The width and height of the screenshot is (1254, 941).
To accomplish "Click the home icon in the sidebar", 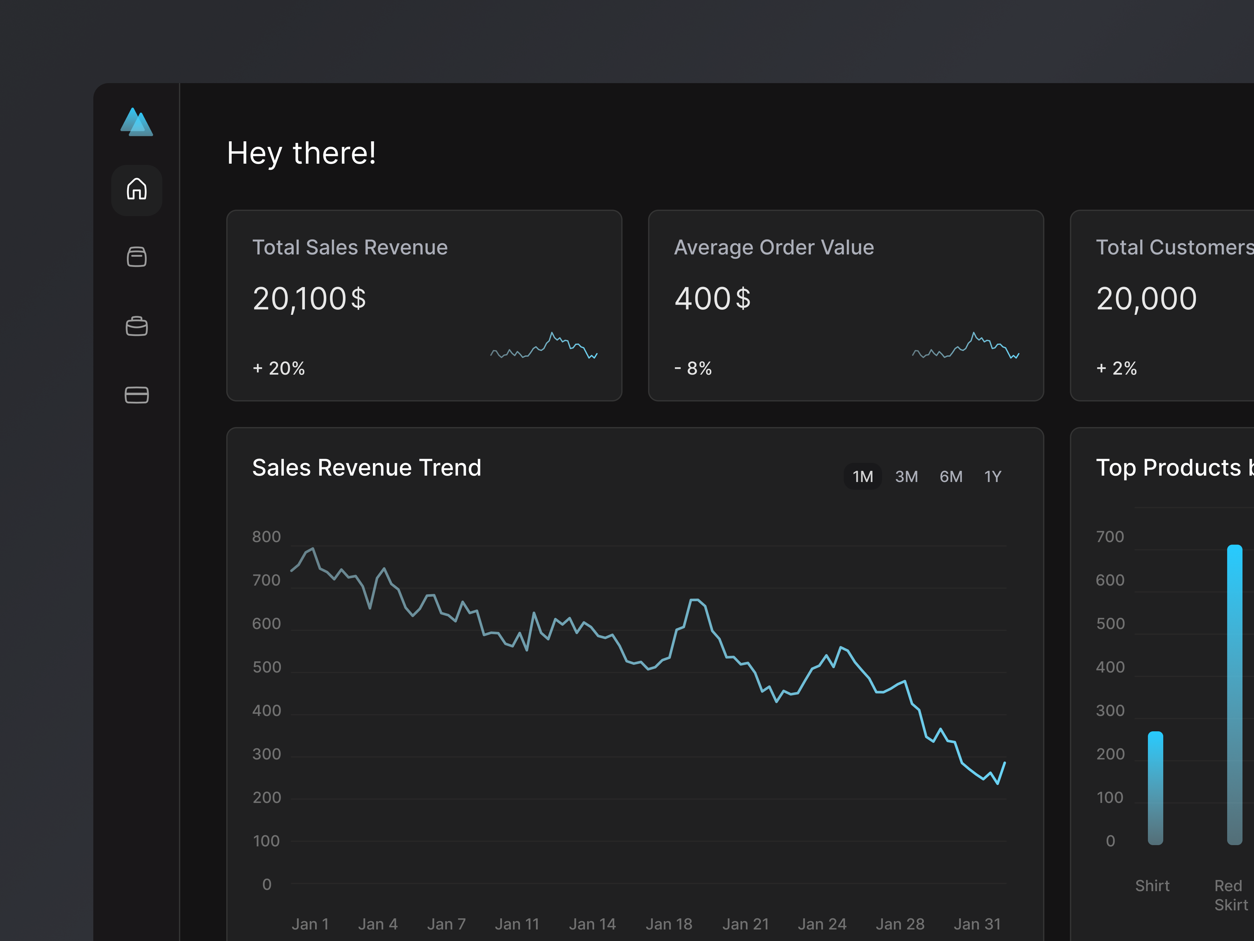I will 137,189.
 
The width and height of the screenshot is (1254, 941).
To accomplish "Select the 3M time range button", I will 906,476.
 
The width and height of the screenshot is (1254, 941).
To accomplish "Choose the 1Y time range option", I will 993,476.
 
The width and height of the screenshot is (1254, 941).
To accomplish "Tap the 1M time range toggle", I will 862,476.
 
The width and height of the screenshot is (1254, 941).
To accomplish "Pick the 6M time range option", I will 951,476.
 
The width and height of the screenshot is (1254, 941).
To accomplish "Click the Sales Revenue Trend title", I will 366,468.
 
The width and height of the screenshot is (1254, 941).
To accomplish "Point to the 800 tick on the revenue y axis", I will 267,537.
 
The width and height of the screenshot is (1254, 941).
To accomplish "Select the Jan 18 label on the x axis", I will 669,924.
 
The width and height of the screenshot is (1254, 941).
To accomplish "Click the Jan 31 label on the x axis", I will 977,924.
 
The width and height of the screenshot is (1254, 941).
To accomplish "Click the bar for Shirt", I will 1155,788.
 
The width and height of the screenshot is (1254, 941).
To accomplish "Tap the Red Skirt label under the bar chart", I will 1230,895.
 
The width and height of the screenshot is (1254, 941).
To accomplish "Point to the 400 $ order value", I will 712,299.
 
